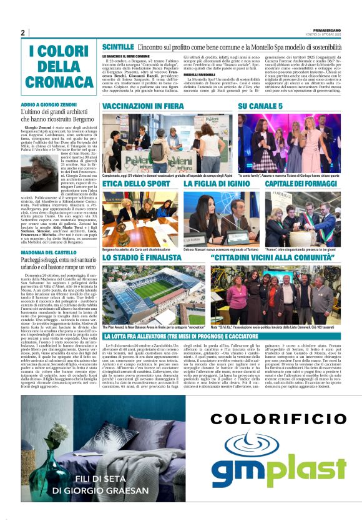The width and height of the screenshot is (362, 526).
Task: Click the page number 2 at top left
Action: [22, 32]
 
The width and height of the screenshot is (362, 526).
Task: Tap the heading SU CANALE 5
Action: [260, 107]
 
